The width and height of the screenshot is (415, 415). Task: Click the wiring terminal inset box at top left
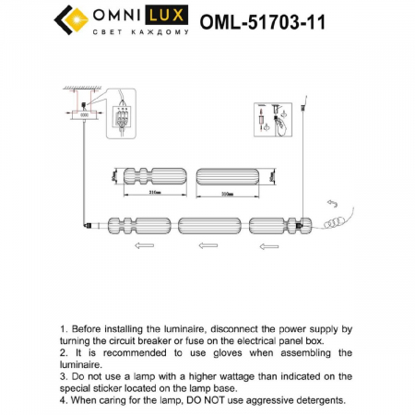point(118,113)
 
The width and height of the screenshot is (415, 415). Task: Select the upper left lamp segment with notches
point(147,175)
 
